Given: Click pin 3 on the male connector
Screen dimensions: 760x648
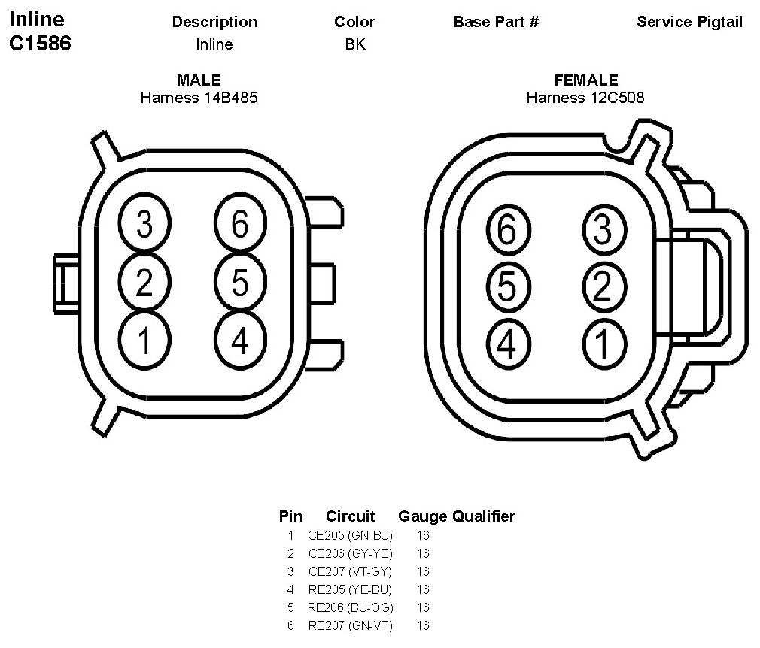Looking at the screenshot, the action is pyautogui.click(x=144, y=223).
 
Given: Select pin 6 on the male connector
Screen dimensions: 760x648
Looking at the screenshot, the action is pyautogui.click(x=240, y=223).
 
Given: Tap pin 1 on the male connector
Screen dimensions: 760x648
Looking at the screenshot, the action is pyautogui.click(x=144, y=341).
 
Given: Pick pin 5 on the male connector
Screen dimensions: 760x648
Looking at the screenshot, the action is pyautogui.click(x=240, y=282).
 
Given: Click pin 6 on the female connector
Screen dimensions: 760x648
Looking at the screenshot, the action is pyautogui.click(x=509, y=229).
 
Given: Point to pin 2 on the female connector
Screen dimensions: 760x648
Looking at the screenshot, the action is pyautogui.click(x=604, y=286).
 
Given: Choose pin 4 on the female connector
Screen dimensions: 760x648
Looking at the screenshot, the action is pyautogui.click(x=509, y=344).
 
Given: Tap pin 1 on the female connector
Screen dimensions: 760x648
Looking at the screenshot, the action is pyautogui.click(x=604, y=344).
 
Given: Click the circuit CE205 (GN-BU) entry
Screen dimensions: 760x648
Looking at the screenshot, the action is pyautogui.click(x=350, y=536).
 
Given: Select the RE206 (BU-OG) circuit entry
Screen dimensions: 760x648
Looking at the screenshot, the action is pyautogui.click(x=351, y=608).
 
